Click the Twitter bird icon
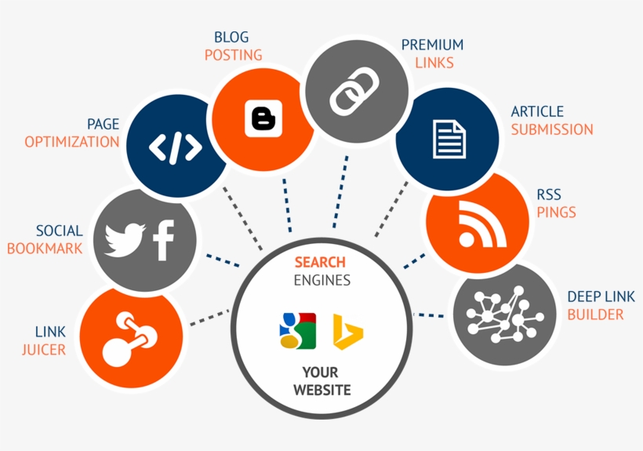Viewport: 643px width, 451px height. coord(125,240)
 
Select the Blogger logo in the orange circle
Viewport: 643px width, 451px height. coord(263,118)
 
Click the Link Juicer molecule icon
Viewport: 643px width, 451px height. coord(130,339)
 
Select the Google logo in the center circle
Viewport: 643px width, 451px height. coord(297,330)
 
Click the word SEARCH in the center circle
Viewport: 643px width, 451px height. coord(320,262)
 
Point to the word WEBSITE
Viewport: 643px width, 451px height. coord(322,390)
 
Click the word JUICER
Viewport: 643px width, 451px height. coord(44,349)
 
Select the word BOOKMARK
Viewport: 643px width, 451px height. coord(45,249)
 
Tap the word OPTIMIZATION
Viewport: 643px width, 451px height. coord(71,142)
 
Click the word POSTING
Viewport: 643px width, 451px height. coord(233,55)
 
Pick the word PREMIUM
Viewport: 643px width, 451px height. coord(432,45)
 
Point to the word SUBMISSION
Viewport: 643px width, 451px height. coord(552,129)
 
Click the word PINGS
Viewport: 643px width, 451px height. coord(556,212)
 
